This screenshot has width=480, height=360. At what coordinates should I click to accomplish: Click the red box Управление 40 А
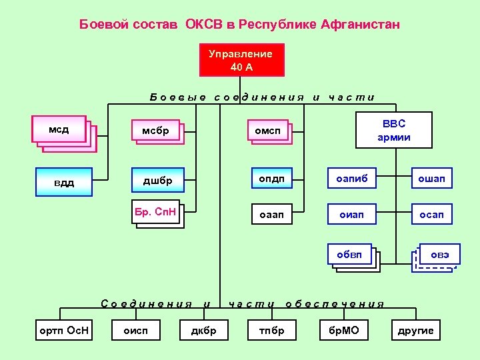pos(241,60)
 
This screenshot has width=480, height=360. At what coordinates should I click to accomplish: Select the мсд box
pos(59,129)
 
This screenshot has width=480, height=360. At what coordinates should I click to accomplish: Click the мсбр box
pos(155,131)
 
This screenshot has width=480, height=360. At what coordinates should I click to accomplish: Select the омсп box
pos(268,132)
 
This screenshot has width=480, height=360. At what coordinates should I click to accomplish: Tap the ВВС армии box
pos(393,131)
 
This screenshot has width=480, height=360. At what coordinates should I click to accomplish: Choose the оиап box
pos(351,215)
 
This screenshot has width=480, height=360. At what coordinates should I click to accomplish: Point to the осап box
pos(431,215)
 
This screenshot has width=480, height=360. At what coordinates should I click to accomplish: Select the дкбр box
pos(204,330)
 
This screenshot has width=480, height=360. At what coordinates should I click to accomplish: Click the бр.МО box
pos(344,330)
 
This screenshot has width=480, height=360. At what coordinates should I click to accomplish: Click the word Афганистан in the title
pos(361,25)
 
